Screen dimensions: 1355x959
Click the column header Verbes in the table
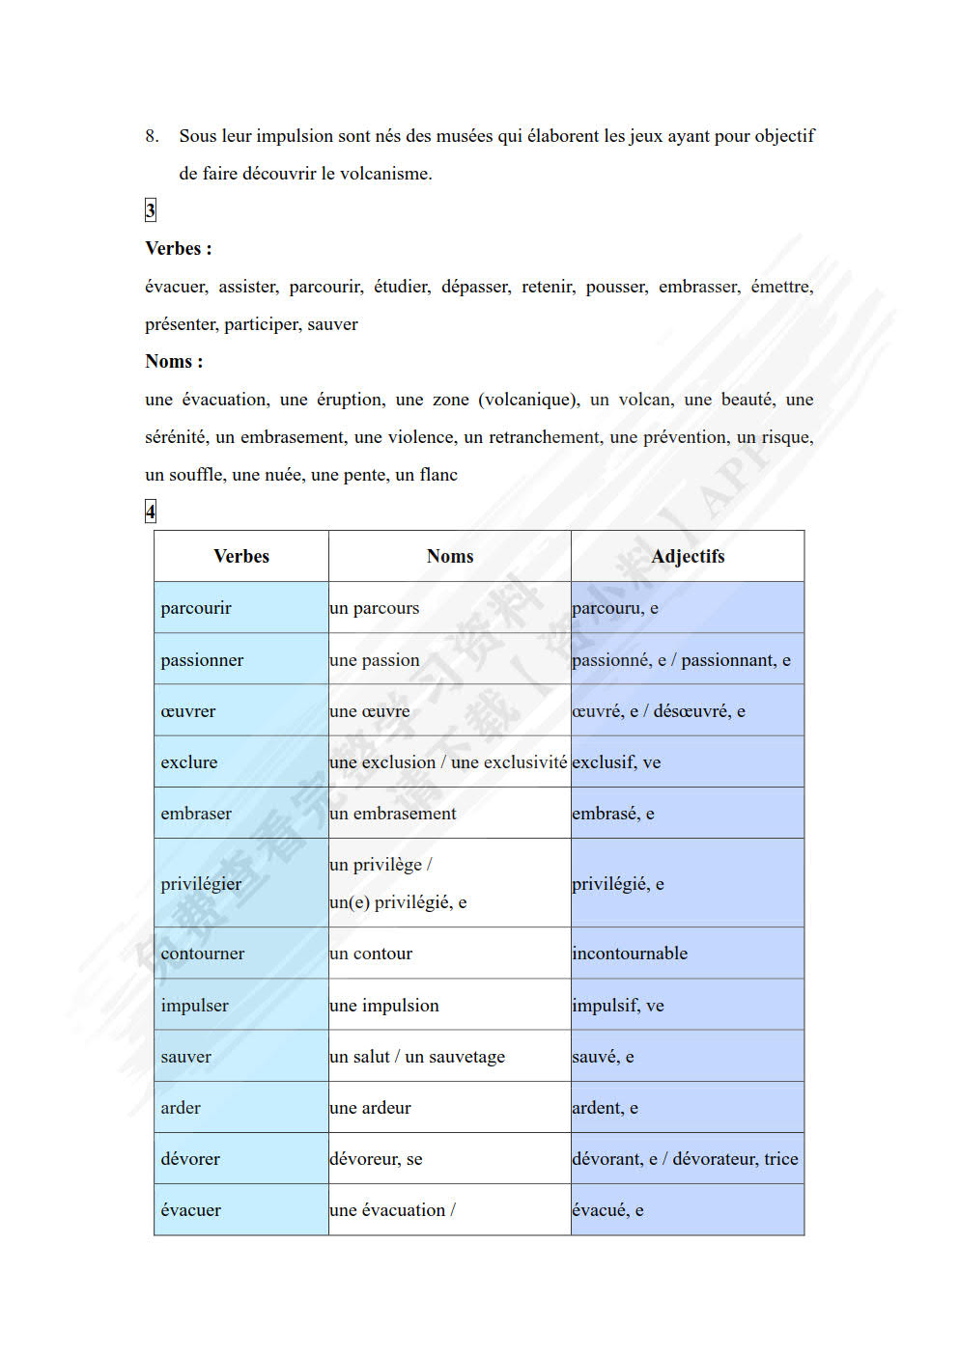tap(241, 556)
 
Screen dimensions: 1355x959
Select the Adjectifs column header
tap(688, 556)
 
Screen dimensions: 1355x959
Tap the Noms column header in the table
tap(450, 556)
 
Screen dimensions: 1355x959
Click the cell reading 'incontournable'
tap(630, 954)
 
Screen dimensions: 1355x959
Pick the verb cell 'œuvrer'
tap(188, 711)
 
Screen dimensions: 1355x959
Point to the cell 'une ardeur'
tap(370, 1108)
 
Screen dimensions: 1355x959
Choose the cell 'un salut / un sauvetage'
tap(417, 1057)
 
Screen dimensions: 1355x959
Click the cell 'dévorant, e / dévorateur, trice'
tap(685, 1159)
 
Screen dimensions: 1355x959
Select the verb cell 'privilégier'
tap(201, 883)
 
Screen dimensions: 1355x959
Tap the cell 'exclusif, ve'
tap(616, 762)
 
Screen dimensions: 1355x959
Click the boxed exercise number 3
tap(151, 210)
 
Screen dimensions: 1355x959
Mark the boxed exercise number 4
tap(151, 512)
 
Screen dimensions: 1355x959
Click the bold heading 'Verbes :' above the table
tap(179, 249)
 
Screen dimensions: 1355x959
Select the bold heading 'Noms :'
tap(174, 362)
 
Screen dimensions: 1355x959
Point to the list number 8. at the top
tap(153, 136)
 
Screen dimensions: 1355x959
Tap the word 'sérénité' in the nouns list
tap(175, 437)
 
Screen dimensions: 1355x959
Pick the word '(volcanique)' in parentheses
tap(529, 400)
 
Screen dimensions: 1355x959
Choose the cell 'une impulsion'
tap(384, 1006)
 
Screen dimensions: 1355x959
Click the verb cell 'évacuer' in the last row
tap(191, 1210)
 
